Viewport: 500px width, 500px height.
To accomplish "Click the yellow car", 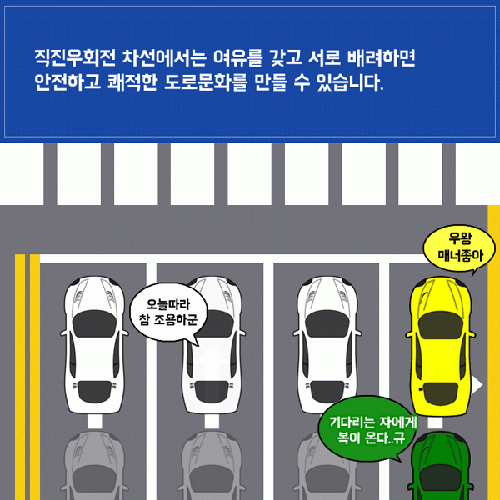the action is point(440,346).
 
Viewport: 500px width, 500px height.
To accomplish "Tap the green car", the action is point(440,466).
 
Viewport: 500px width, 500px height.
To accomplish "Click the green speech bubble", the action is point(367,429).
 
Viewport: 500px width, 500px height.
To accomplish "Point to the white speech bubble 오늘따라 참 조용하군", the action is point(168,312).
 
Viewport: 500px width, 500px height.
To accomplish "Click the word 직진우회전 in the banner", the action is point(75,58).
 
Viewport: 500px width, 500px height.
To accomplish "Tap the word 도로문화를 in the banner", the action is point(206,82).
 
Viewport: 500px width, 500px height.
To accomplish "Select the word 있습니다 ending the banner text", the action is point(350,82).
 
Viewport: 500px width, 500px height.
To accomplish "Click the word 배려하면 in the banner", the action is point(381,58).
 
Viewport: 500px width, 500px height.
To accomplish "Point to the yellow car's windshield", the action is point(440,325).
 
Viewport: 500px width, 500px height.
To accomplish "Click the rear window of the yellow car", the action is point(440,393).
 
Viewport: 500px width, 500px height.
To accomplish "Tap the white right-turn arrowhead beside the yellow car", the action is point(477,385).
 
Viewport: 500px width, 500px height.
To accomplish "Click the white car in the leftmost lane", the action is point(94,346).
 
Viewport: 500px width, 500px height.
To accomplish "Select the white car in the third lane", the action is point(327,346).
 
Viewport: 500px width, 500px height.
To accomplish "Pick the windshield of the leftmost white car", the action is point(94,324).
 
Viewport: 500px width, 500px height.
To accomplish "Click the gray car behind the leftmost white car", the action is point(94,466).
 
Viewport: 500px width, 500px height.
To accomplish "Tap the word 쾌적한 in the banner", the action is point(132,82).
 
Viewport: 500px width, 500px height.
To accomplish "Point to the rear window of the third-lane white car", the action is point(327,392).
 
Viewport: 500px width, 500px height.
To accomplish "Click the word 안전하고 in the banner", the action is point(67,82).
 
